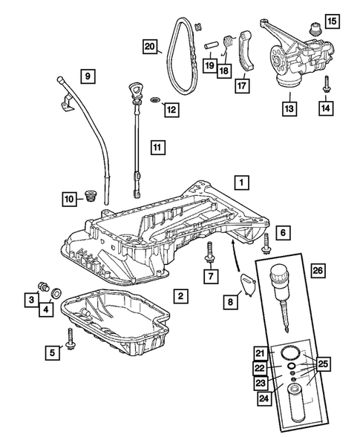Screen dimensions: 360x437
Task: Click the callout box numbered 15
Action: (x=332, y=21)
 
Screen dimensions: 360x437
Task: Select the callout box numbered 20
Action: (x=150, y=46)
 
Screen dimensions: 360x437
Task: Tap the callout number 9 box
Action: (x=88, y=76)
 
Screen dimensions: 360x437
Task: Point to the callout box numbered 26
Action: (x=318, y=270)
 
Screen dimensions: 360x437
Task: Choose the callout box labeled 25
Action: (x=323, y=364)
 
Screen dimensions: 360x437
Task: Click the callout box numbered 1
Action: (x=241, y=183)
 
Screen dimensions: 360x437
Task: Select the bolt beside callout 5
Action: (x=70, y=338)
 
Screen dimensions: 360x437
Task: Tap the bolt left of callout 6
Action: (x=265, y=244)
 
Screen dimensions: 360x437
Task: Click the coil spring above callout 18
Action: (x=229, y=42)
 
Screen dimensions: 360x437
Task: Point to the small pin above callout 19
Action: (x=210, y=46)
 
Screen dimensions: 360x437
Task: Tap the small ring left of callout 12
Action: (x=156, y=99)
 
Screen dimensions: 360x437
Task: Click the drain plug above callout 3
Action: (x=44, y=286)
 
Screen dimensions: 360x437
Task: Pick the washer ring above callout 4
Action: (x=57, y=294)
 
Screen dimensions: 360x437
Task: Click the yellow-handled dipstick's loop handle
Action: (x=134, y=90)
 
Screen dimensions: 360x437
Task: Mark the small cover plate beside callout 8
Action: (x=248, y=284)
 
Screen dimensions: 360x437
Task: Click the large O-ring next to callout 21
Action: (x=291, y=353)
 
